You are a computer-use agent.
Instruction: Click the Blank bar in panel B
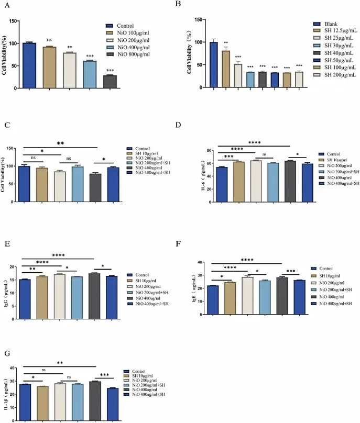pos(213,64)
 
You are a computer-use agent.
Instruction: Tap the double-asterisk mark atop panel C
pos(61,143)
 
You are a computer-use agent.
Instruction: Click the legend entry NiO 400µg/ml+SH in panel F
pos(341,303)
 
